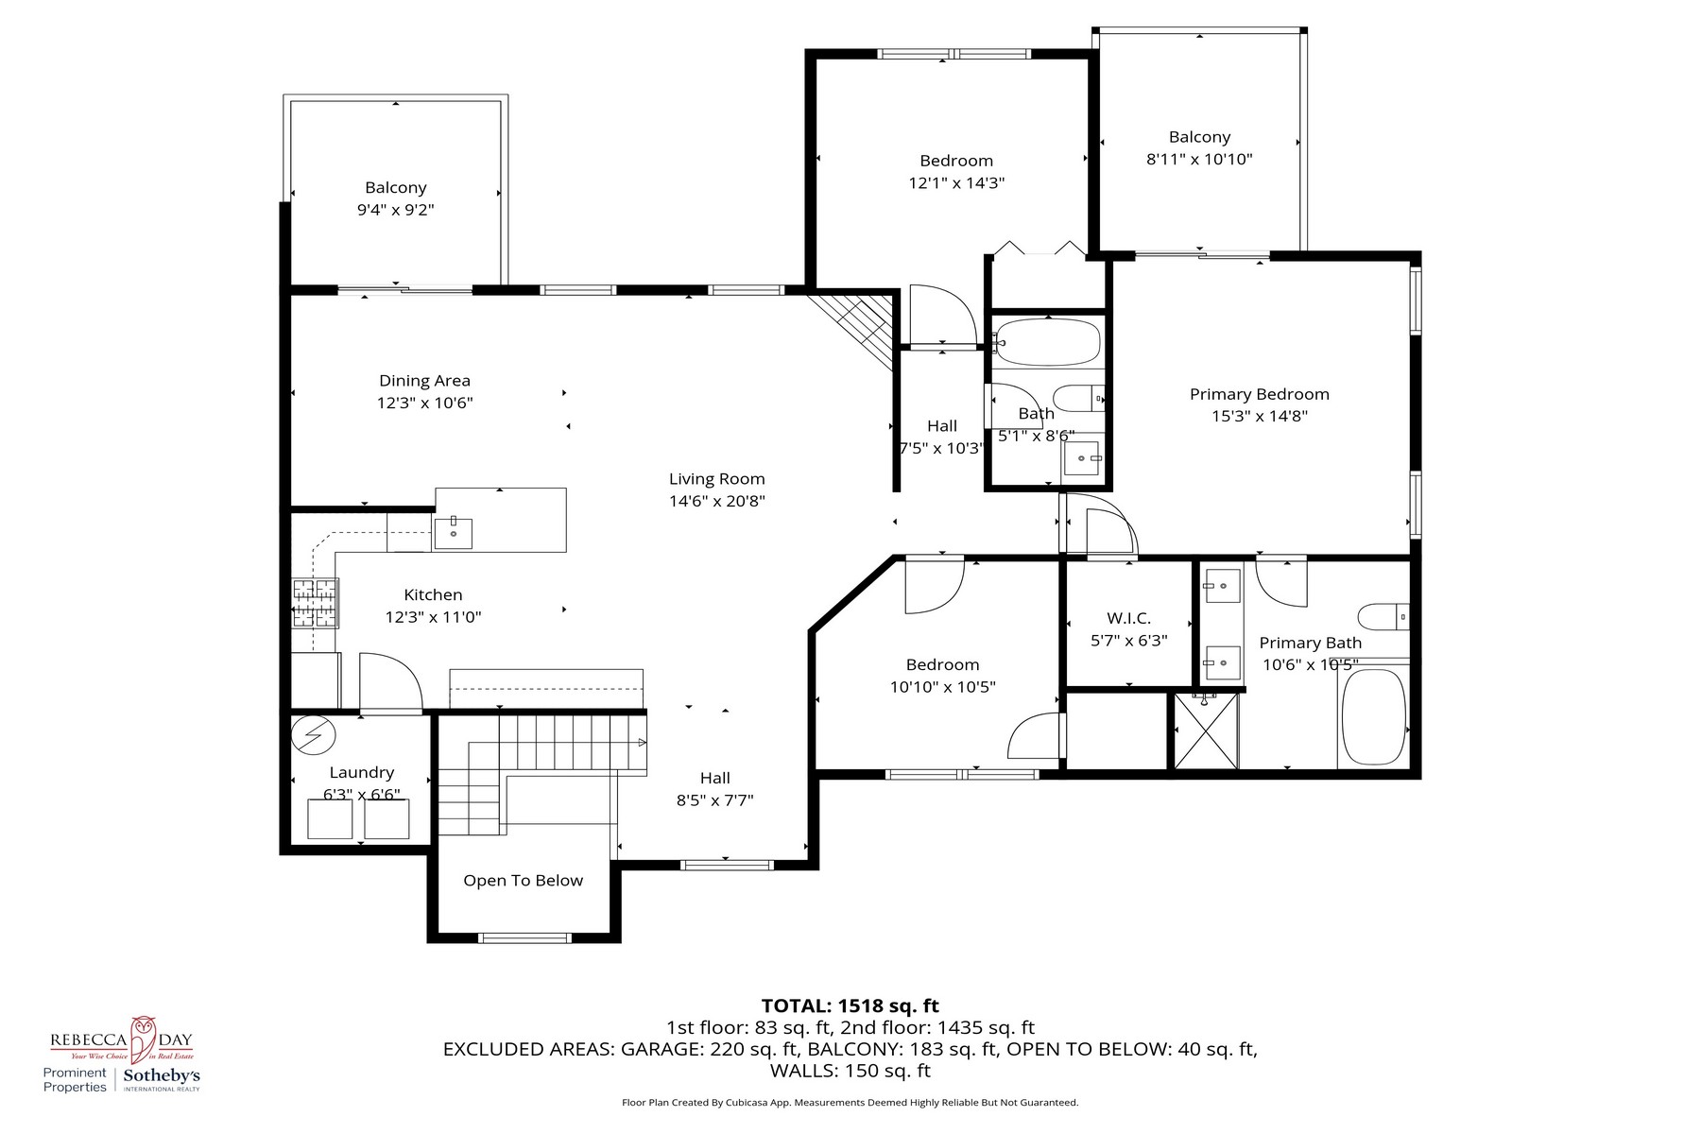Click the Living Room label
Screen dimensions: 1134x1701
pyautogui.click(x=716, y=479)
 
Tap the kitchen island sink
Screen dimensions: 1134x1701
pyautogui.click(x=454, y=533)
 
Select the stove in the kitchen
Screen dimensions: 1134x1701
pyautogui.click(x=315, y=603)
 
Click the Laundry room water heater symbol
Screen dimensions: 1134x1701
pyautogui.click(x=314, y=734)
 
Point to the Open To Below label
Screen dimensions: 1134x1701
pyautogui.click(x=523, y=881)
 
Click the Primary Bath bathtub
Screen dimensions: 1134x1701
pyautogui.click(x=1373, y=717)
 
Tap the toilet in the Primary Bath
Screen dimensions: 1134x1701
pyautogui.click(x=1383, y=617)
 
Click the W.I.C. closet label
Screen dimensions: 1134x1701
pyautogui.click(x=1128, y=618)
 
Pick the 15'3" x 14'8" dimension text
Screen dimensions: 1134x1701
pyautogui.click(x=1259, y=416)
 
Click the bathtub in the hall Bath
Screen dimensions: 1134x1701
pyautogui.click(x=1048, y=342)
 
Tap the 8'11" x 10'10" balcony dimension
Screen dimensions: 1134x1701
pyautogui.click(x=1199, y=160)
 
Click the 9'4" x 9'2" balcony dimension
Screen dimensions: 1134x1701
pyautogui.click(x=395, y=210)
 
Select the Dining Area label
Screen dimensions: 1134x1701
pyautogui.click(x=424, y=381)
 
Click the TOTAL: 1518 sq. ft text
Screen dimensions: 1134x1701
pyautogui.click(x=850, y=1006)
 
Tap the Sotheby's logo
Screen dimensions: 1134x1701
pyautogui.click(x=162, y=1078)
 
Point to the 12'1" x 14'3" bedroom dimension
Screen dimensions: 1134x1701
pyautogui.click(x=955, y=183)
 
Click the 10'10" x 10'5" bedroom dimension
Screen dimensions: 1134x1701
pyautogui.click(x=942, y=688)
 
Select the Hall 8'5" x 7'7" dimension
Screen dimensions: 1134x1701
pyautogui.click(x=714, y=800)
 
